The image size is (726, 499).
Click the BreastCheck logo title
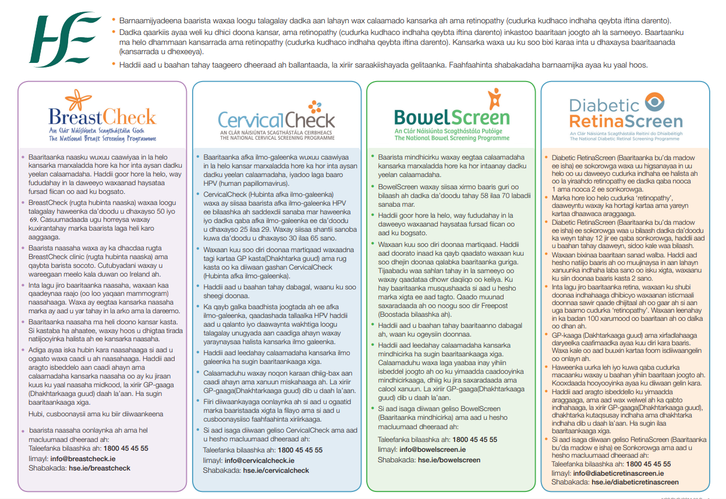point(102,117)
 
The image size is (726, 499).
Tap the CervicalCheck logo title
point(277,119)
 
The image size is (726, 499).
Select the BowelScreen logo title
point(452,116)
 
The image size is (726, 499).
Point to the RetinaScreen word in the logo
point(626,121)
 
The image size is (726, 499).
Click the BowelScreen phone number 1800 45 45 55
point(474,440)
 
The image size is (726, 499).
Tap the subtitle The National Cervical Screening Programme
point(277,138)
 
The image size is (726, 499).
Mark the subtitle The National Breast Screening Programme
point(102,139)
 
